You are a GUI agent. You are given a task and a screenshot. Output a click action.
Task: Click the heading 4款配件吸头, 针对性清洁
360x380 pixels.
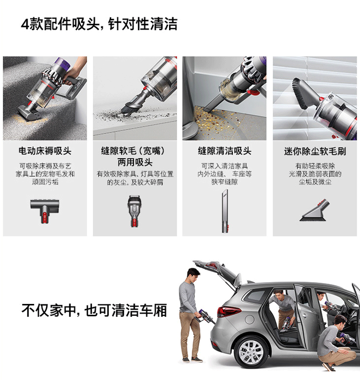pyautogui.click(x=99, y=24)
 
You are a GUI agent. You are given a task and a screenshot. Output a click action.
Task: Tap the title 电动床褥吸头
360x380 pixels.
pyautogui.click(x=45, y=151)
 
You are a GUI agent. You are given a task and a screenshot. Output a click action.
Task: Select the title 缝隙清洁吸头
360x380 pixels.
pyautogui.click(x=225, y=151)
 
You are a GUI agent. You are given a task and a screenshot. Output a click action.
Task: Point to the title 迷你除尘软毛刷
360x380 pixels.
pyautogui.click(x=315, y=151)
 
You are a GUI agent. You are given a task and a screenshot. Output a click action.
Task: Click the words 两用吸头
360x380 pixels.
pyautogui.click(x=135, y=162)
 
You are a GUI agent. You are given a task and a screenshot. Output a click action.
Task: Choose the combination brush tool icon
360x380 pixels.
pyautogui.click(x=135, y=211)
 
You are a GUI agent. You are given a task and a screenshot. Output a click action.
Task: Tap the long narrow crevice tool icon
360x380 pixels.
pyautogui.click(x=225, y=211)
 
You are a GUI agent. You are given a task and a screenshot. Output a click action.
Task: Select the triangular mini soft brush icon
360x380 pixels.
pyautogui.click(x=315, y=210)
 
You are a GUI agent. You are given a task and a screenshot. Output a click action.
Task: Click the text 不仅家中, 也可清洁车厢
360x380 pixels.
pyautogui.click(x=94, y=310)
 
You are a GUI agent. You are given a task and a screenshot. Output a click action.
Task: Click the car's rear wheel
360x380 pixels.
pyautogui.click(x=251, y=352)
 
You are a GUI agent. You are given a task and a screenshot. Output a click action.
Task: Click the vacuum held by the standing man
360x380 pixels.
pyautogui.click(x=205, y=316)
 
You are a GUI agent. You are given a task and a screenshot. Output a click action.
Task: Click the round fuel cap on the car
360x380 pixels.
pyautogui.click(x=249, y=319)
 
